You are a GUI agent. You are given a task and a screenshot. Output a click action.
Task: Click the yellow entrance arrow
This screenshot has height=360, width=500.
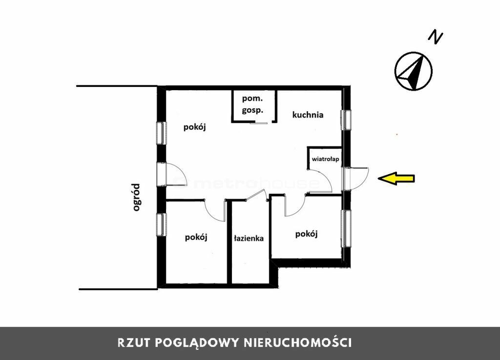point(396,179)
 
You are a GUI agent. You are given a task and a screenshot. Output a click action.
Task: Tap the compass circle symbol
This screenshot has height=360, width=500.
point(413,71)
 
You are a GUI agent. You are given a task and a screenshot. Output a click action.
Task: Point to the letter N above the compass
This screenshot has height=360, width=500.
point(435,37)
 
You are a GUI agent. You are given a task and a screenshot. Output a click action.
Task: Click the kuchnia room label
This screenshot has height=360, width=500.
point(308,115)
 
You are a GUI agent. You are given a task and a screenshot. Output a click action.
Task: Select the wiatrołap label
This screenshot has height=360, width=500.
point(325,159)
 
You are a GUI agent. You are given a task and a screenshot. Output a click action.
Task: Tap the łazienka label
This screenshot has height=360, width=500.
point(249,238)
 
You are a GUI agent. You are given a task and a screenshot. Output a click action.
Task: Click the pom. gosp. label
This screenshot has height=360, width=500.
point(252,104)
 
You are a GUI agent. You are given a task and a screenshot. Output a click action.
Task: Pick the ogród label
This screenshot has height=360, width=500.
point(137,198)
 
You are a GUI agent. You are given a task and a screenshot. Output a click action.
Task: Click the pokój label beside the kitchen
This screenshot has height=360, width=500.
point(194,127)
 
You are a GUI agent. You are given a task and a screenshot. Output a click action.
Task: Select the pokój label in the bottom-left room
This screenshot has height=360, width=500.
point(196,238)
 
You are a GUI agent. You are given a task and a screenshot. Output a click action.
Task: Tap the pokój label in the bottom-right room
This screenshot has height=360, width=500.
point(307,234)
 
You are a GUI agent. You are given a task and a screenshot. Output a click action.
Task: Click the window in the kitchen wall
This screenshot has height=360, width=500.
point(346,120)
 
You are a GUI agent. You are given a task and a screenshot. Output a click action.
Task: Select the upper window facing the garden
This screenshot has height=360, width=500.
point(161,133)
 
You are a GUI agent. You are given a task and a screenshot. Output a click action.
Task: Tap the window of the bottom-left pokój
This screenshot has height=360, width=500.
point(161,225)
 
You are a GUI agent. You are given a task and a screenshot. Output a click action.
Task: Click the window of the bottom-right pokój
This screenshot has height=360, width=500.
point(346,228)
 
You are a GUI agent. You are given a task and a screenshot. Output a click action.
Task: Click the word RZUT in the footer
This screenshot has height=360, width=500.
point(134,343)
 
